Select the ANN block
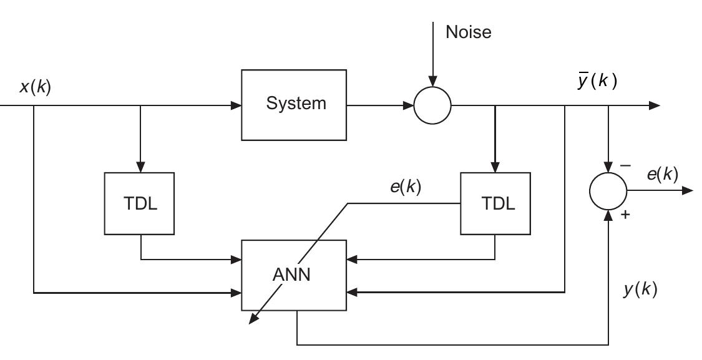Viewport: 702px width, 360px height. point(294,275)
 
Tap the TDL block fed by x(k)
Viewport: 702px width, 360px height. point(140,203)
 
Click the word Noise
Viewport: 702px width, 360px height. point(468,32)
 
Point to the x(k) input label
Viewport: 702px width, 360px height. point(35,87)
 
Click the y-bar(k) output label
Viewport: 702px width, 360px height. point(597,81)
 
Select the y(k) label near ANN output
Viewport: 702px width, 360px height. point(640,289)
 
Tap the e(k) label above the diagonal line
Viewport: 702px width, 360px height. point(406,187)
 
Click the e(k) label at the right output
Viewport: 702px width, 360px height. point(662,174)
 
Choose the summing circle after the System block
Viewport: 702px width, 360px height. point(432,105)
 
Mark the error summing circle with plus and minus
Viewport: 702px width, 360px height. point(608,191)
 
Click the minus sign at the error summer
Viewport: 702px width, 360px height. point(625,166)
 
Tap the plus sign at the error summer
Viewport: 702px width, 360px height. point(625,216)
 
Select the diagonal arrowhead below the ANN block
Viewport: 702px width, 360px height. point(253,319)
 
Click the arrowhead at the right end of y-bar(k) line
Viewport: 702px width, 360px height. point(655,105)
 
